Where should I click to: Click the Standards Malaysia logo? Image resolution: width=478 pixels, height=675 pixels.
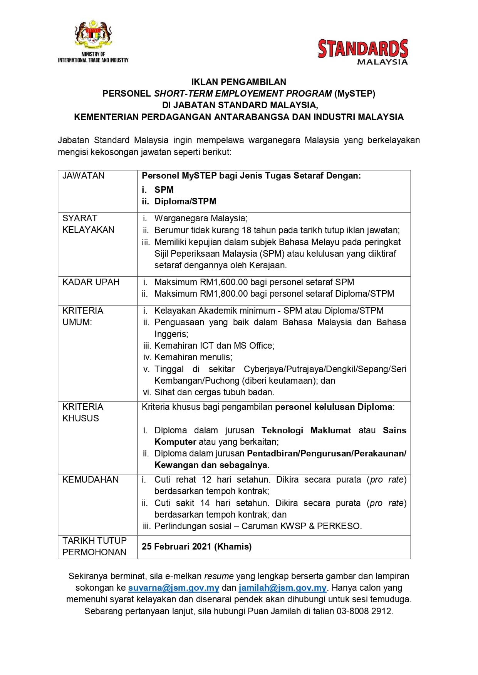(362, 52)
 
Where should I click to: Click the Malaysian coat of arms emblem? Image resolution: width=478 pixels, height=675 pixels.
(93, 35)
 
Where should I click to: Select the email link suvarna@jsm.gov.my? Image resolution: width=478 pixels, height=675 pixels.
(174, 588)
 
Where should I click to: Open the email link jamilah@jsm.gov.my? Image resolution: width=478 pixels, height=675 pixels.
(282, 588)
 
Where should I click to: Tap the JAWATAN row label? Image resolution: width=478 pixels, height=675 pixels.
(83, 175)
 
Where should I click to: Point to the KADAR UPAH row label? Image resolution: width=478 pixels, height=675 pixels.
(91, 282)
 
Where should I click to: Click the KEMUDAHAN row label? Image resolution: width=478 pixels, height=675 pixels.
(91, 480)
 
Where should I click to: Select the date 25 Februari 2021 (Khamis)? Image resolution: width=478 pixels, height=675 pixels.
(196, 546)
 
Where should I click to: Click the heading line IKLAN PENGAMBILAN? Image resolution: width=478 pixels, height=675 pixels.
(239, 82)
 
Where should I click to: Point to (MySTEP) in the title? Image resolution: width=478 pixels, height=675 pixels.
(355, 94)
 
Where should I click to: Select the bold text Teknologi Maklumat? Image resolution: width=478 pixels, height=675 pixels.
(306, 430)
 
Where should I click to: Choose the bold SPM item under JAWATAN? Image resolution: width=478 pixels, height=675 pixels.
(164, 190)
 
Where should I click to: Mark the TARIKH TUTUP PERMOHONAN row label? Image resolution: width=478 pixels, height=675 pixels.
(94, 546)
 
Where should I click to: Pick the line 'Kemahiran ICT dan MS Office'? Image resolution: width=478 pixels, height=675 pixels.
(214, 346)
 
